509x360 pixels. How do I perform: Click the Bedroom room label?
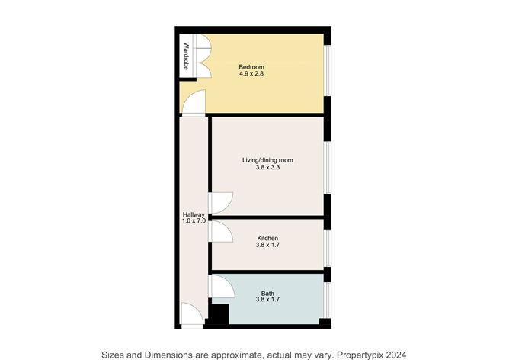click(x=251, y=67)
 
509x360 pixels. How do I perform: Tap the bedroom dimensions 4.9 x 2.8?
click(x=251, y=75)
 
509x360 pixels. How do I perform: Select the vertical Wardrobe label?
click(x=186, y=55)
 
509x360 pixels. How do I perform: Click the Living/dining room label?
click(x=267, y=160)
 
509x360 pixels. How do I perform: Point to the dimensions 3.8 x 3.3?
click(x=267, y=168)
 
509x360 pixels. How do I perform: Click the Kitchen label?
click(x=267, y=239)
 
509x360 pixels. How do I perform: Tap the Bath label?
click(x=267, y=293)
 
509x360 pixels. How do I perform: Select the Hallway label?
click(x=194, y=214)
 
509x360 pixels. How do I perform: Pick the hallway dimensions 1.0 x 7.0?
click(x=194, y=221)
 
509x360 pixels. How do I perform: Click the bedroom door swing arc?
click(x=196, y=101)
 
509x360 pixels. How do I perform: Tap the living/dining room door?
click(x=221, y=201)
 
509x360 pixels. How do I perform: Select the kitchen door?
click(x=221, y=230)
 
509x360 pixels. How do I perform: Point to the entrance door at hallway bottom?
click(x=192, y=315)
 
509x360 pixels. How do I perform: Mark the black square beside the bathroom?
click(x=219, y=315)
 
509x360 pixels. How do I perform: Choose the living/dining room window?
click(x=328, y=166)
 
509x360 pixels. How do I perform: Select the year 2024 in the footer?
click(x=394, y=354)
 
